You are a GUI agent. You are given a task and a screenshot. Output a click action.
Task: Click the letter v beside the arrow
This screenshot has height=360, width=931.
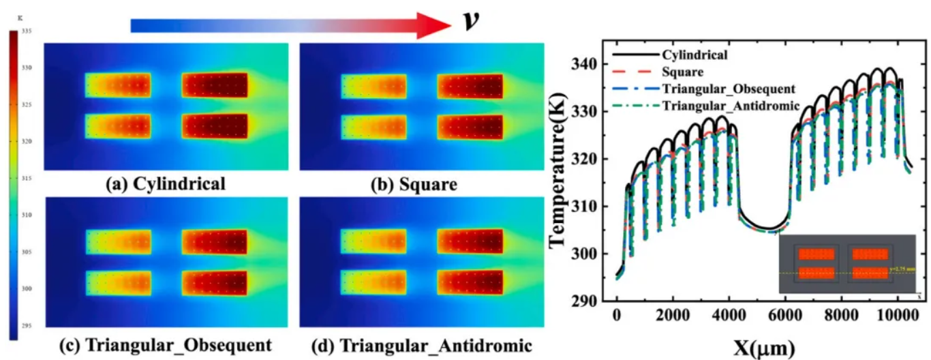pos(471,22)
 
